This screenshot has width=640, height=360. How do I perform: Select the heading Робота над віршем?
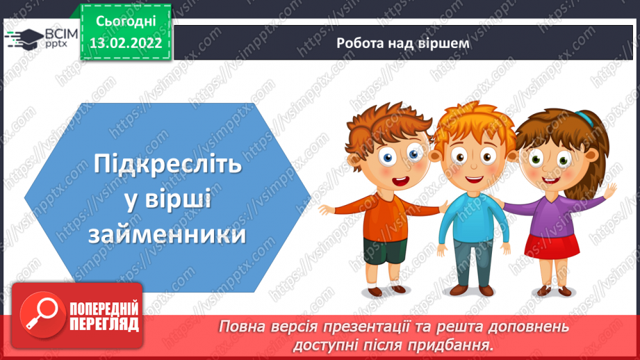pos(402,43)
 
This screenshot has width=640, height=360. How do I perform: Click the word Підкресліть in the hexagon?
pos(167,165)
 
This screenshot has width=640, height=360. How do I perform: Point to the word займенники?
pos(167,234)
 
